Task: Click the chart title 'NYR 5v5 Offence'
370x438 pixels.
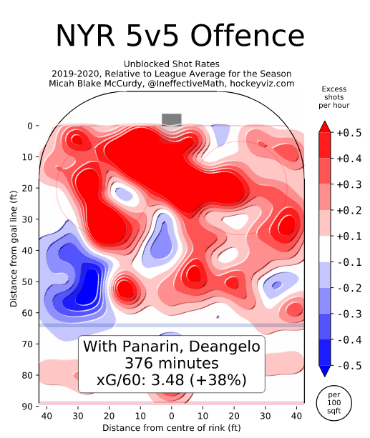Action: tap(180, 35)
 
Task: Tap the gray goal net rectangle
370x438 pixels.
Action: tap(172, 119)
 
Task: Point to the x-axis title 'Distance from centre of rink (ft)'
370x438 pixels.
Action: tap(171, 428)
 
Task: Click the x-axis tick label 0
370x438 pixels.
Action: tap(172, 416)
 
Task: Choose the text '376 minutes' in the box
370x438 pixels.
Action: tap(171, 363)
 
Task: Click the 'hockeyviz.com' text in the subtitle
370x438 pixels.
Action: tap(261, 83)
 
